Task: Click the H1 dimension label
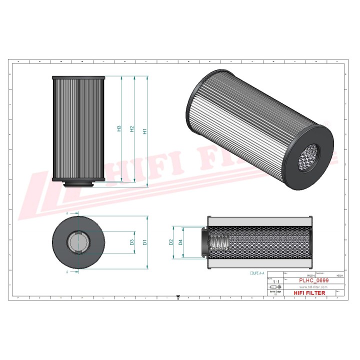[x=144, y=131]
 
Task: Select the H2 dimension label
[x=131, y=129]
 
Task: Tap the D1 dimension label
[x=144, y=242]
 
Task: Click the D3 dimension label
[x=131, y=242]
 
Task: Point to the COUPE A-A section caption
[x=257, y=273]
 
